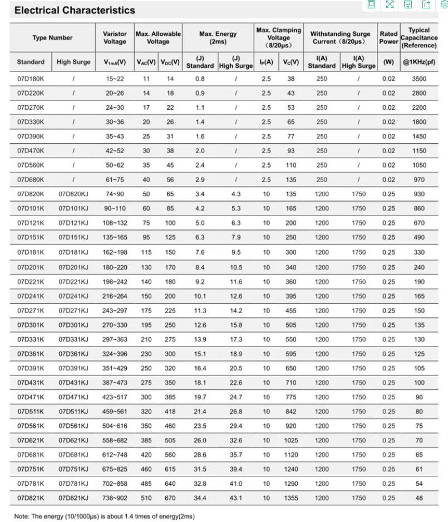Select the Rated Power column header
pyautogui.click(x=388, y=37)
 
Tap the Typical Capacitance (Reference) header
pyautogui.click(x=419, y=37)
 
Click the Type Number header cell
pyautogui.click(x=52, y=38)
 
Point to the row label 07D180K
pyautogui.click(x=31, y=79)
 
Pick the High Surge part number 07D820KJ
pyautogui.click(x=73, y=194)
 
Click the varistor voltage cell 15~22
pyautogui.click(x=115, y=79)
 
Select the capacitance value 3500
pyautogui.click(x=419, y=79)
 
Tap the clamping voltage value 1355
pyautogui.click(x=290, y=498)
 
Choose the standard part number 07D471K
pyautogui.click(x=31, y=397)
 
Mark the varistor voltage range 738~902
pyautogui.click(x=115, y=498)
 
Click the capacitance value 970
pyautogui.click(x=419, y=179)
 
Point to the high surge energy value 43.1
pyautogui.click(x=236, y=498)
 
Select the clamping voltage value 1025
pyautogui.click(x=290, y=440)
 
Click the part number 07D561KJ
pyautogui.click(x=73, y=426)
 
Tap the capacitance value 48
pyautogui.click(x=419, y=498)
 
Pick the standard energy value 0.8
pyautogui.click(x=200, y=79)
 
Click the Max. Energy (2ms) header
pyautogui.click(x=218, y=37)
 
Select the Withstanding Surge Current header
pyautogui.click(x=339, y=37)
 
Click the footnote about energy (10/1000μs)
pyautogui.click(x=105, y=516)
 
